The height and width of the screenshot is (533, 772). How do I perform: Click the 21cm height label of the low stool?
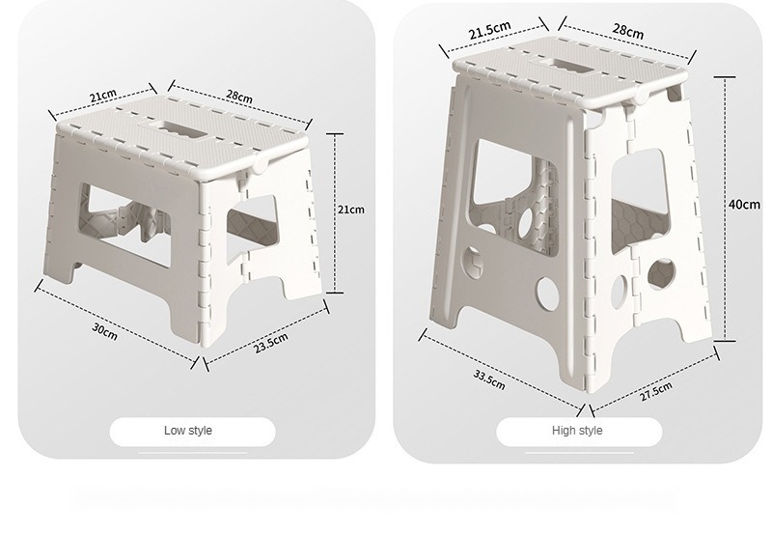coord(351,210)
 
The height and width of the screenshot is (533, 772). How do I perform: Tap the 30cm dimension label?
coord(105,331)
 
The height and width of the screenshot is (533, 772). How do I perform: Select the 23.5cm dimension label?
coord(271,343)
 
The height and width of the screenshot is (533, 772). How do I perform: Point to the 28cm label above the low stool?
coord(239,96)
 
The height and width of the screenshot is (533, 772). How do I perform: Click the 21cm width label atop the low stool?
coord(103,95)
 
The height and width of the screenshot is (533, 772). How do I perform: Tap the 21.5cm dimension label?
coord(490,30)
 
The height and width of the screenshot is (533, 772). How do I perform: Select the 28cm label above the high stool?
coord(628,31)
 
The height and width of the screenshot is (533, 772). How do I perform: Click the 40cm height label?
coord(744,204)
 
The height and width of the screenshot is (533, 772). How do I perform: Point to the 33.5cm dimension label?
coord(489,379)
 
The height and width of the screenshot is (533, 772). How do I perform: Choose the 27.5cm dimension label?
coord(656,391)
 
